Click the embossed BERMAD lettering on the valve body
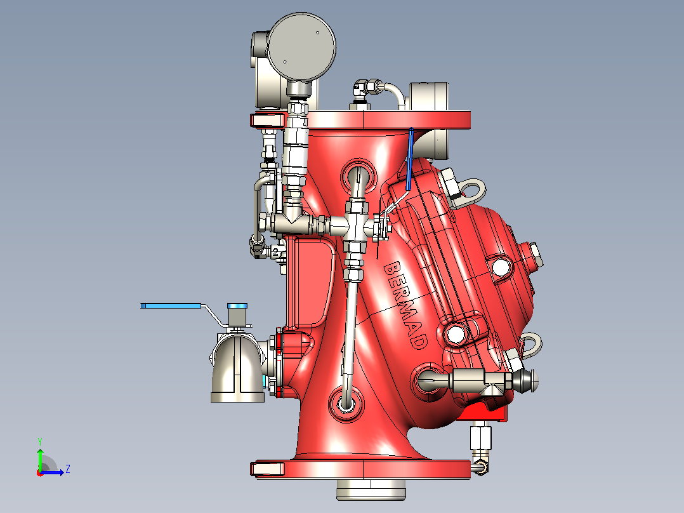[x=405, y=305]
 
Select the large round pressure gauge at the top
[x=301, y=46]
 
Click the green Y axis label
[x=40, y=442]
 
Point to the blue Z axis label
[x=68, y=469]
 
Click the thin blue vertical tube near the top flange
[x=410, y=159]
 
